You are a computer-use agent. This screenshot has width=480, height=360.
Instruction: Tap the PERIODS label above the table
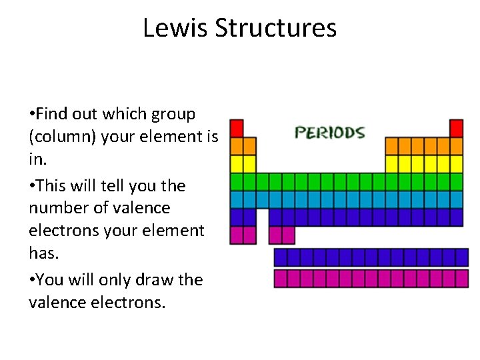(x=330, y=132)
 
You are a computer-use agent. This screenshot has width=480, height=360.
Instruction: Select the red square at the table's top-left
(x=237, y=127)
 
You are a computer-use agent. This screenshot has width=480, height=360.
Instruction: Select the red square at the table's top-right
(x=456, y=127)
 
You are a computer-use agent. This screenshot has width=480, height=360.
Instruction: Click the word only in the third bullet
(x=117, y=279)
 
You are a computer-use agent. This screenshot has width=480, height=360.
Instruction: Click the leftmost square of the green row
(x=237, y=181)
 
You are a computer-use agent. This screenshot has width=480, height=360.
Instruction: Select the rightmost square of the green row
(x=456, y=181)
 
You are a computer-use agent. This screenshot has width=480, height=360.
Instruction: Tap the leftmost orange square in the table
(x=237, y=145)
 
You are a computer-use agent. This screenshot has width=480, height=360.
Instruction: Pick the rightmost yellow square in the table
(x=456, y=163)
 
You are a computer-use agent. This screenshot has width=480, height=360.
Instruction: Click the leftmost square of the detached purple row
(x=281, y=257)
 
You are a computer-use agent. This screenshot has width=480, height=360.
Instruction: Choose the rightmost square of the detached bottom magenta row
(x=462, y=278)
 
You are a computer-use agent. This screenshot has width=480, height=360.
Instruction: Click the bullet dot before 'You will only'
(x=31, y=280)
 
